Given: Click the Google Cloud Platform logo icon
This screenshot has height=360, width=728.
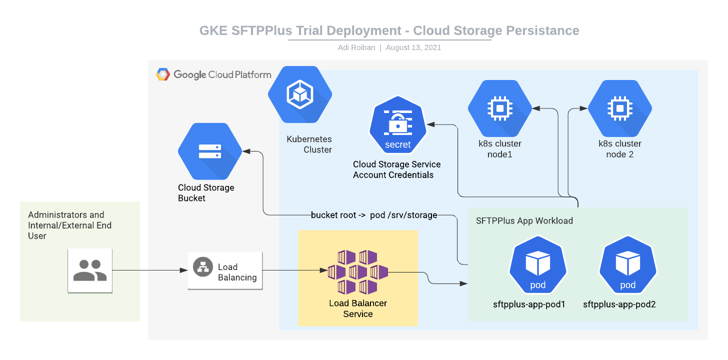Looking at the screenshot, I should pyautogui.click(x=163, y=74).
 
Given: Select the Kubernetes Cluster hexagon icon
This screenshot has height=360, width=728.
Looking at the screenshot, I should pyautogui.click(x=299, y=94).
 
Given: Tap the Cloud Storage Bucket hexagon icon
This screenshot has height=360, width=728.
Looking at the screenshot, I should pyautogui.click(x=210, y=151).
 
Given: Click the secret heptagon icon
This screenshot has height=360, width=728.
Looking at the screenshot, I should pyautogui.click(x=397, y=128).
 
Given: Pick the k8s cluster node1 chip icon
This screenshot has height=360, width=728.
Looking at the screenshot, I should pyautogui.click(x=499, y=108).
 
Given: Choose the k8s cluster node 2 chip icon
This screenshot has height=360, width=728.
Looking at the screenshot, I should pyautogui.click(x=619, y=108).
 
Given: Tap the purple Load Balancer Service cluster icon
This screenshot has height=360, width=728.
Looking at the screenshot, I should pyautogui.click(x=358, y=272).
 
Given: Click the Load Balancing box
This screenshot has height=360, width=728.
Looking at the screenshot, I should pyautogui.click(x=225, y=270).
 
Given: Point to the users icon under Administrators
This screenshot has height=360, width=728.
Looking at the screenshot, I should pyautogui.click(x=90, y=270).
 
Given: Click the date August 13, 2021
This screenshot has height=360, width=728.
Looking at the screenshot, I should pyautogui.click(x=413, y=47).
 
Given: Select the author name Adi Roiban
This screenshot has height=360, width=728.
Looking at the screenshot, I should pyautogui.click(x=356, y=47).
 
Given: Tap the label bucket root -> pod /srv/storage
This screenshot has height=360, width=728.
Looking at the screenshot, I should pyautogui.click(x=374, y=215).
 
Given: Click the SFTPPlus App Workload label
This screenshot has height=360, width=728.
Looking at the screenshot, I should pyautogui.click(x=524, y=220).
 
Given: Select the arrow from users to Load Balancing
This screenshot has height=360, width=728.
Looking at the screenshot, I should pyautogui.click(x=150, y=270).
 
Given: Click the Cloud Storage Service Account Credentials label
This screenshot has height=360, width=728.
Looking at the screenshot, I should pyautogui.click(x=396, y=169).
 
